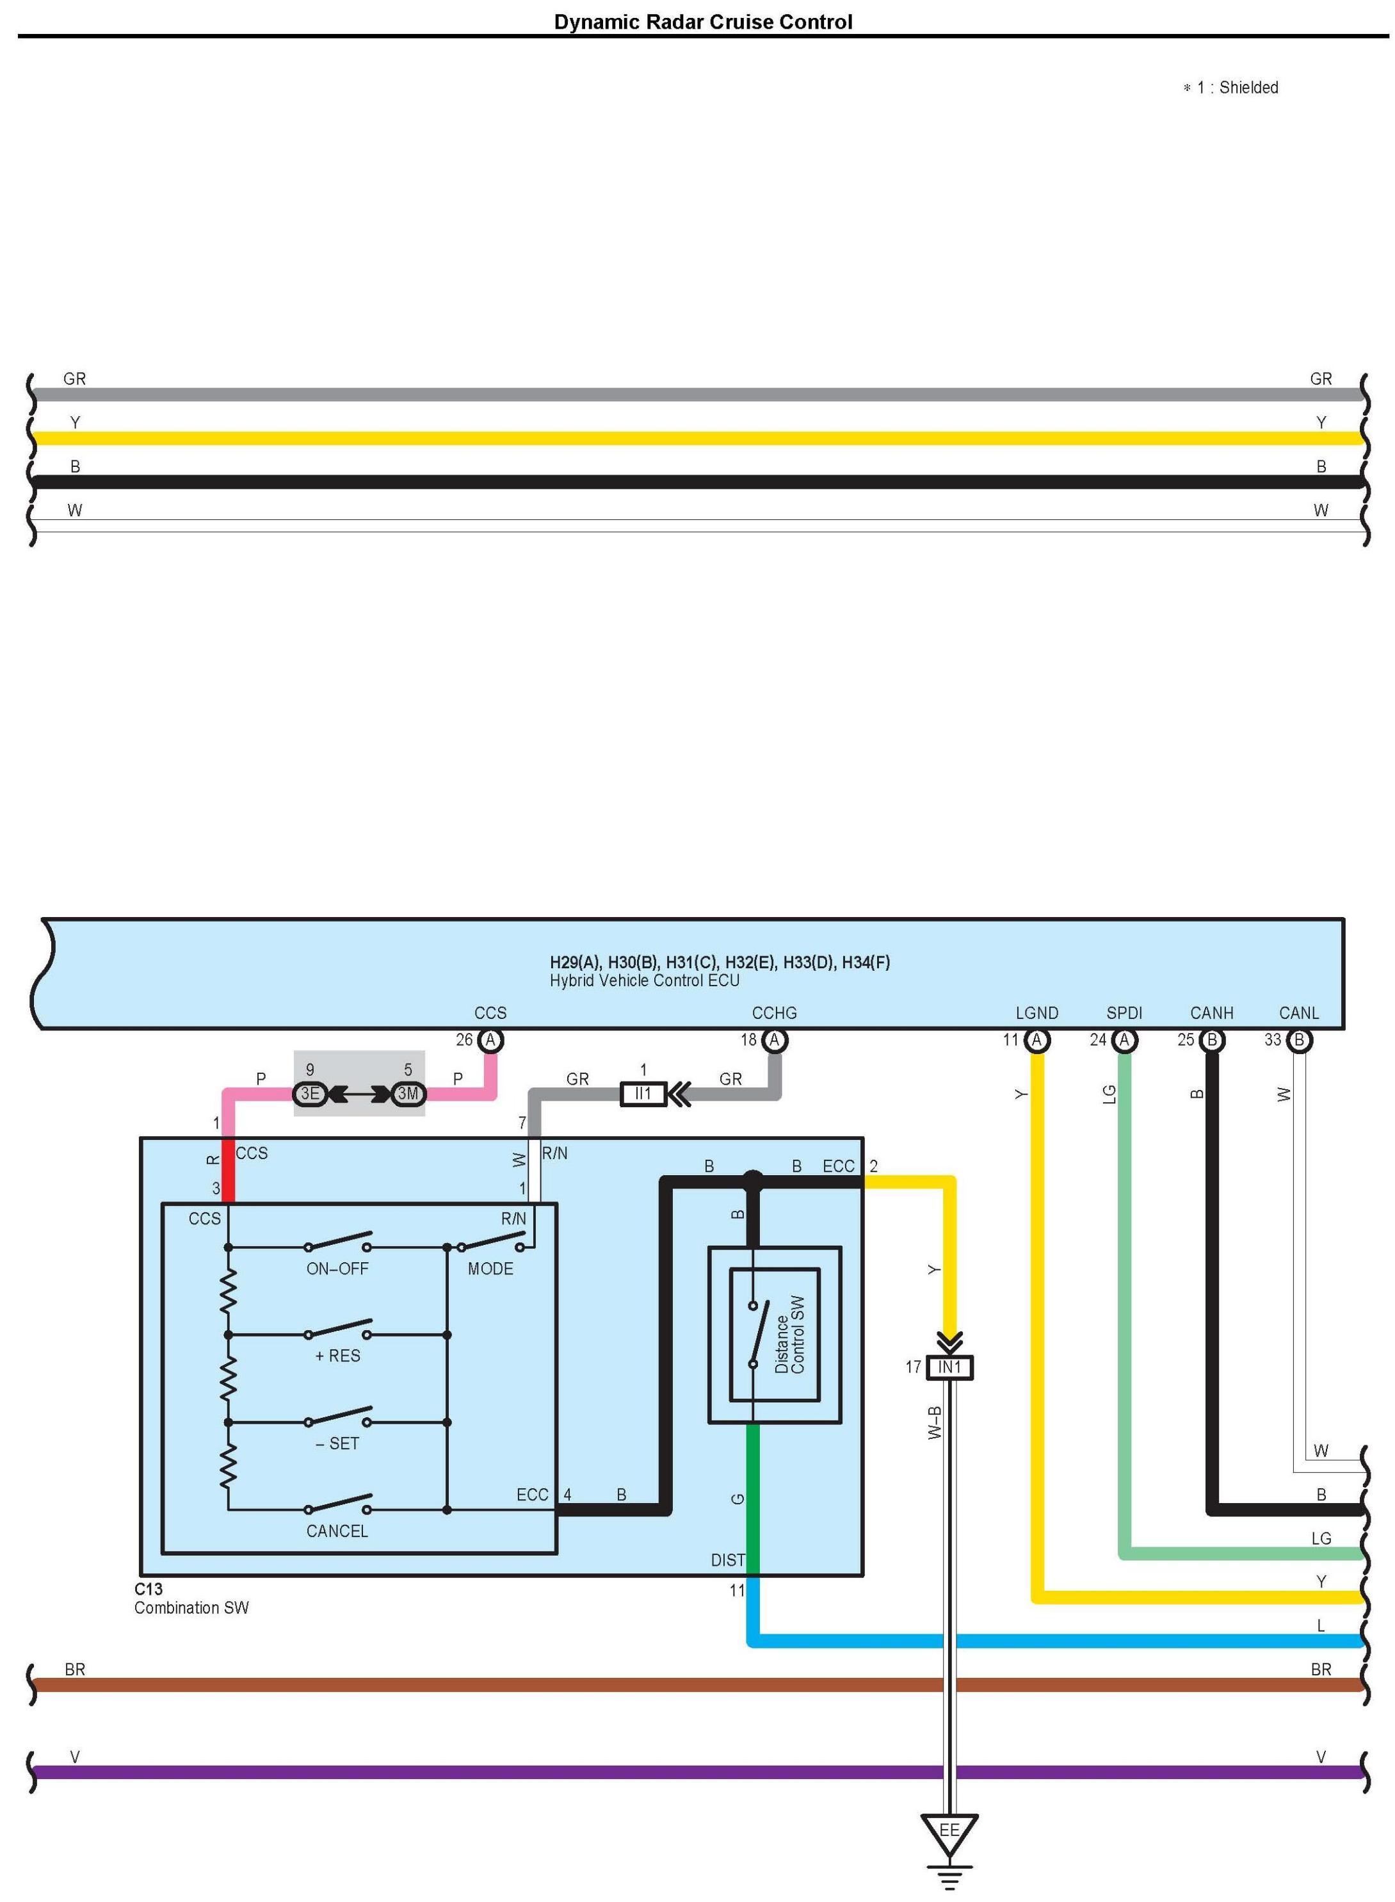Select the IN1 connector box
click(949, 1367)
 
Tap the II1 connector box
click(643, 1094)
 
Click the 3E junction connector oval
click(310, 1094)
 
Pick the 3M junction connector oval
click(408, 1094)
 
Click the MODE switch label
click(490, 1269)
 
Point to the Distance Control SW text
click(789, 1335)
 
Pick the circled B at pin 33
click(1299, 1041)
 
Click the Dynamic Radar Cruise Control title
click(702, 22)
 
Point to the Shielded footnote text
click(1247, 88)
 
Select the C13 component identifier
click(149, 1589)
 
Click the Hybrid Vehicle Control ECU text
click(644, 980)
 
